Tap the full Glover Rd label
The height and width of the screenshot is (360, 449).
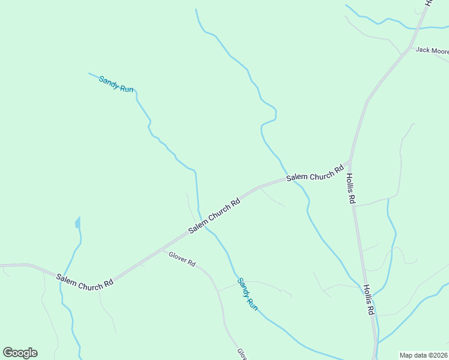[182, 259]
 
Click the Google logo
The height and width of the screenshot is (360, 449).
[20, 353]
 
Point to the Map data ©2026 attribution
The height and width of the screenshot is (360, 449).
[424, 355]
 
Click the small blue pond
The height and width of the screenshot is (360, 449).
[77, 224]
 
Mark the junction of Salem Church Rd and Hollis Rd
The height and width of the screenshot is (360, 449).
[349, 162]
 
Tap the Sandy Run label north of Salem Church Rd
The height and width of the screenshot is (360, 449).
[116, 83]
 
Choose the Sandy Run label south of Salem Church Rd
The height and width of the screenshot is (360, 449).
[247, 293]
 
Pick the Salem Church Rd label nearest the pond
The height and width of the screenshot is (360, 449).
[85, 281]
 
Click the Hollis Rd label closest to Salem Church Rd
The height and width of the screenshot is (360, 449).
[351, 188]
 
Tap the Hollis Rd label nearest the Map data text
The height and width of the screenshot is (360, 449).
[368, 299]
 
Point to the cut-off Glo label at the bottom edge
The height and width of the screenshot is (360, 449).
[242, 353]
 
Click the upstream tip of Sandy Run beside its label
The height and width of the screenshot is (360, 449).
[89, 74]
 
